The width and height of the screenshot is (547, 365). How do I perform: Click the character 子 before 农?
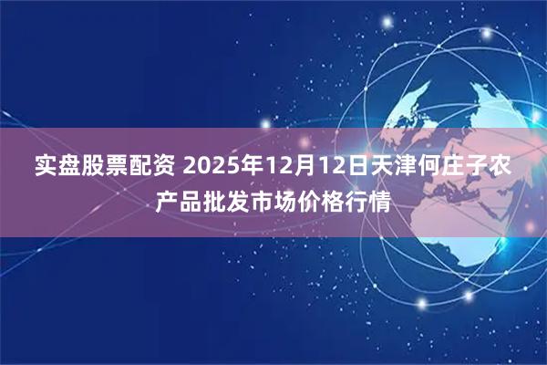[472, 167]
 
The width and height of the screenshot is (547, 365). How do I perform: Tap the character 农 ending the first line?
[496, 167]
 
